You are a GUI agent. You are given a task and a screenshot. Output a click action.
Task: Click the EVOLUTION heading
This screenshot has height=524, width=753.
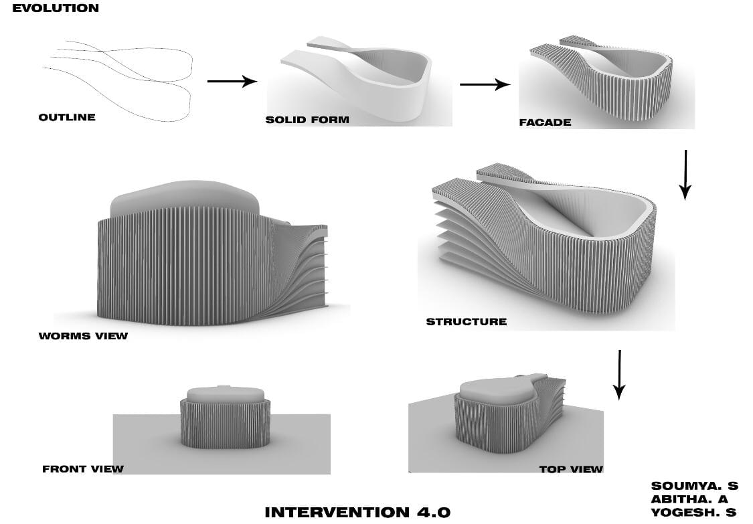(56, 8)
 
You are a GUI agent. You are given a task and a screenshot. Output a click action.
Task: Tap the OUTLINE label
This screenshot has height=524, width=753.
(67, 117)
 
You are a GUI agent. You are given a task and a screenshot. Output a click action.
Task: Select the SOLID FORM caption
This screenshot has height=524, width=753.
(307, 120)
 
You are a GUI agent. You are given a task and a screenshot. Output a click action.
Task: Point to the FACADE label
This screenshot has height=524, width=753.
(545, 122)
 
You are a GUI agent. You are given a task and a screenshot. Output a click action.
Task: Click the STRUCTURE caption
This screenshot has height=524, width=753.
(467, 322)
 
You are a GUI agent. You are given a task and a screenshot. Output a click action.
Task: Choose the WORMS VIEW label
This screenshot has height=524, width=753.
(83, 336)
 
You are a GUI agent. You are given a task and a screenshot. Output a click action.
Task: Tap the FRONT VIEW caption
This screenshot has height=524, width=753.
(83, 468)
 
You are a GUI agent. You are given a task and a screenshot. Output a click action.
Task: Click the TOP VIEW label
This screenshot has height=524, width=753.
(571, 469)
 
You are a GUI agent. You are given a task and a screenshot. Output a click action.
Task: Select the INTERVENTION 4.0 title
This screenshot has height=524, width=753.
(358, 512)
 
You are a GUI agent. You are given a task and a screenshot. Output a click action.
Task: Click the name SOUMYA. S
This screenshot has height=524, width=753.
(694, 486)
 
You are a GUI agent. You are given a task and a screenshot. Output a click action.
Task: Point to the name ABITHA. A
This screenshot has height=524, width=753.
(689, 499)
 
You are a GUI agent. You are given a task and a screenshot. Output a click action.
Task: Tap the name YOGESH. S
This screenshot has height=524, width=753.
(693, 512)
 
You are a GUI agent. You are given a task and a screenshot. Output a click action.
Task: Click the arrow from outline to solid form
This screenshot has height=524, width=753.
(232, 81)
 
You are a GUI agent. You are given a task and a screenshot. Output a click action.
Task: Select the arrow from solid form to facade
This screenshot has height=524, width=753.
(485, 84)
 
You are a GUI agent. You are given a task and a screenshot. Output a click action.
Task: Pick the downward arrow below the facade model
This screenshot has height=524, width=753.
(685, 175)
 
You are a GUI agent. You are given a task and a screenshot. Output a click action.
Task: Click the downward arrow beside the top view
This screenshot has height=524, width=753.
(620, 375)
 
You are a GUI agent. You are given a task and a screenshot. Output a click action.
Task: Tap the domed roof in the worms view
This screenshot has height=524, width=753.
(185, 197)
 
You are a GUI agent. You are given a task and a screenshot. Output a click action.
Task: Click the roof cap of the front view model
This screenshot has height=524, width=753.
(225, 394)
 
